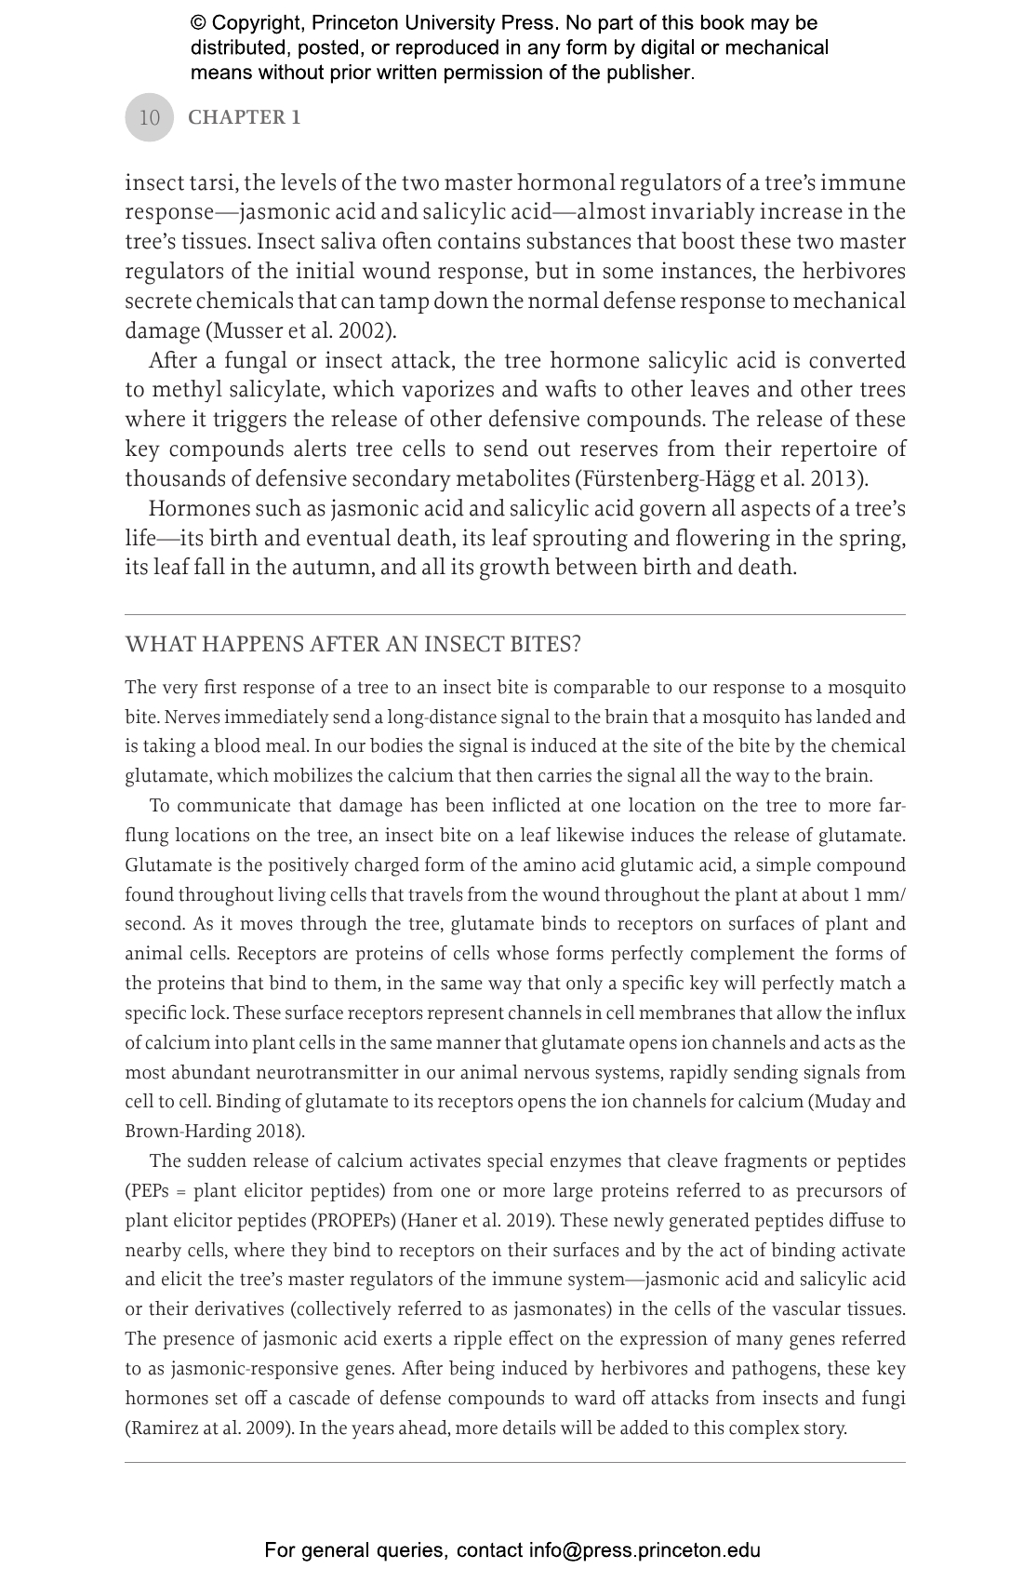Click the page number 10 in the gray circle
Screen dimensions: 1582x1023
coord(149,118)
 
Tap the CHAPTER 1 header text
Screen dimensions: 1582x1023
coord(244,117)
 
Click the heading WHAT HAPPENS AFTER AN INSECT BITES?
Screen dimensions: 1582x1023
coord(352,645)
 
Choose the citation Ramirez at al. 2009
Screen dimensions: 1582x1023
coord(209,1428)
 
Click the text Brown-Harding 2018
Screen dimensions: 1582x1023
coord(212,1133)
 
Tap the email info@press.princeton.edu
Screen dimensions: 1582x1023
coord(644,1550)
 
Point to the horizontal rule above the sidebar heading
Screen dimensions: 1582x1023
coord(514,615)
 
